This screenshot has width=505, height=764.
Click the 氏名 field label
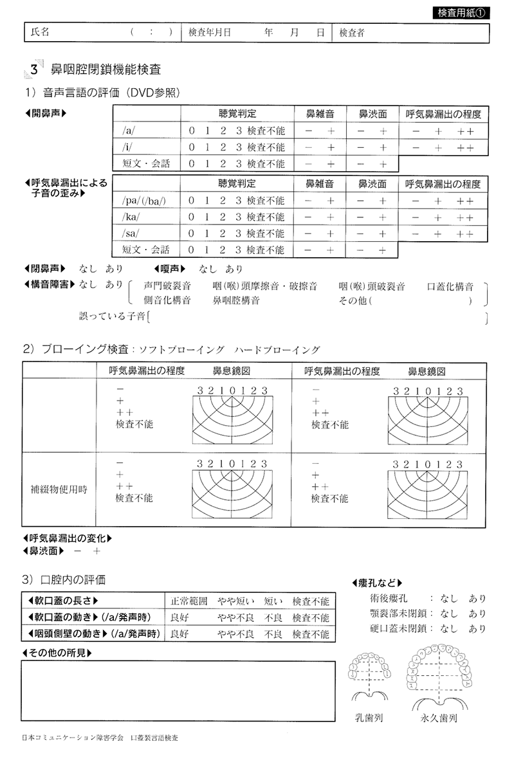[40, 33]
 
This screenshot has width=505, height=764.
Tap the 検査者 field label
[352, 33]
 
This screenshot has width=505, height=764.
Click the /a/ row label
[128, 131]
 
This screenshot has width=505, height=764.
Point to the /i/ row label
[127, 147]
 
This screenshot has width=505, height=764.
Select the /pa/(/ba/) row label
[143, 201]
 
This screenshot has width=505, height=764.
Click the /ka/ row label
[130, 217]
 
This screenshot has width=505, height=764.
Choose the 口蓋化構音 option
[450, 286]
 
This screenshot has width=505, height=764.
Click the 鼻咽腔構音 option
[236, 300]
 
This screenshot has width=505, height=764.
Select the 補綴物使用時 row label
[61, 489]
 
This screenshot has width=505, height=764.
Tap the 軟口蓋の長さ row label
[64, 601]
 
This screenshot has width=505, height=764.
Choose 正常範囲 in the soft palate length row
[188, 601]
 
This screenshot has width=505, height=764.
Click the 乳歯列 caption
[369, 717]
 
